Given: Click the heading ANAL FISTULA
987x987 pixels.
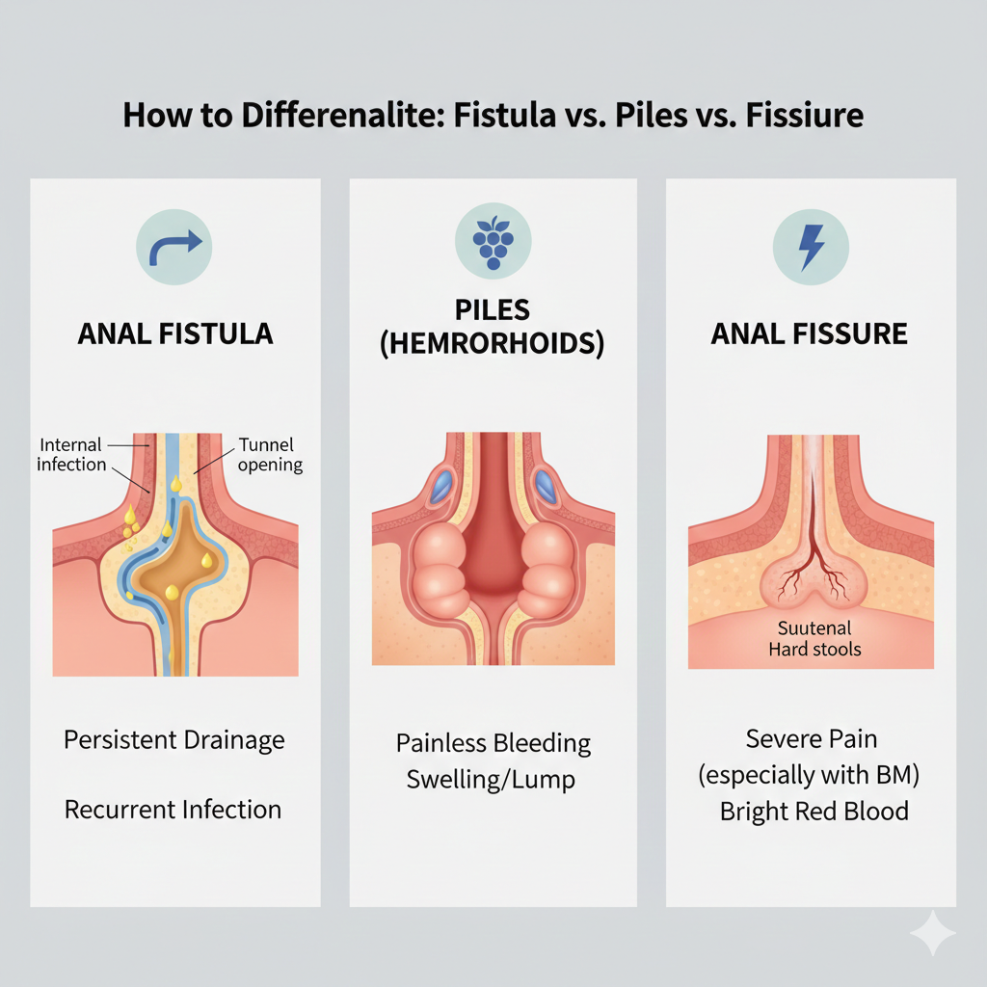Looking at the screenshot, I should point(175,334).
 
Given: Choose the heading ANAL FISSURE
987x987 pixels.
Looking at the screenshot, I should point(810,334).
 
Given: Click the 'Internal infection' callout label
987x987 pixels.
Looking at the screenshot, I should point(71,454).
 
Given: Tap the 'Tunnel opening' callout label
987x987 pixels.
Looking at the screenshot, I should point(268,454).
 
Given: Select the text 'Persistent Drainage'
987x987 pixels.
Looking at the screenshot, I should point(174,740).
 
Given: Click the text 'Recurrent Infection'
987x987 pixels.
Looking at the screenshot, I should point(173,809).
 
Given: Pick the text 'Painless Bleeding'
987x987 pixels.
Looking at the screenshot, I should point(493,744).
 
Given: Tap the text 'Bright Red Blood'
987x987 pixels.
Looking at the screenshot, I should point(814,811).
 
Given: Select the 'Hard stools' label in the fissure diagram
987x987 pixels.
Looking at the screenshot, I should point(814,649).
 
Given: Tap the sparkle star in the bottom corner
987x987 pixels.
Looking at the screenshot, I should point(932,934).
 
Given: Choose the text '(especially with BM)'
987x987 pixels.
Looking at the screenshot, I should point(813,775).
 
